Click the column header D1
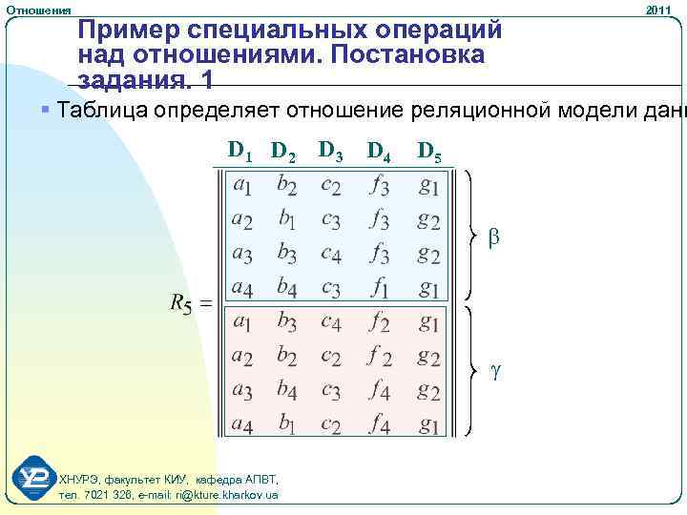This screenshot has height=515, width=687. [x=239, y=150]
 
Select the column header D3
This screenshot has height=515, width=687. [x=331, y=150]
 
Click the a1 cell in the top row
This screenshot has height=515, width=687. [x=242, y=185]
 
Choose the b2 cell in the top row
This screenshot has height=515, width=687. [x=286, y=185]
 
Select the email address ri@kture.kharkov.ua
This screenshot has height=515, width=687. [x=225, y=495]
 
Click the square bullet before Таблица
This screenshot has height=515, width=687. [x=47, y=111]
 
